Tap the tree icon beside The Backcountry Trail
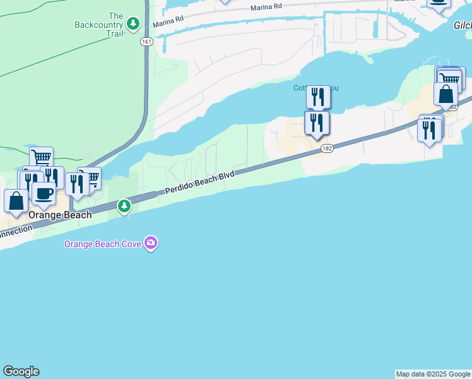click(x=133, y=24)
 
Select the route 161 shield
click(x=146, y=42)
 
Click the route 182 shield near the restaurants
click(x=326, y=148)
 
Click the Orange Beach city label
click(x=61, y=215)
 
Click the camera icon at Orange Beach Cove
click(x=150, y=243)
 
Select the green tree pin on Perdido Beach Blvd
click(x=125, y=205)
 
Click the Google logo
click(x=21, y=371)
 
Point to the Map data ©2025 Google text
click(x=433, y=374)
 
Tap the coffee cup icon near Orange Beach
click(x=43, y=193)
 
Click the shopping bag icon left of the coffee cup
click(x=16, y=201)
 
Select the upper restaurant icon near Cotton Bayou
click(x=318, y=97)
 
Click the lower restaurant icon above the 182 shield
click(x=317, y=123)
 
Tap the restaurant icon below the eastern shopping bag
click(x=429, y=129)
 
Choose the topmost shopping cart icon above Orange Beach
click(x=41, y=157)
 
